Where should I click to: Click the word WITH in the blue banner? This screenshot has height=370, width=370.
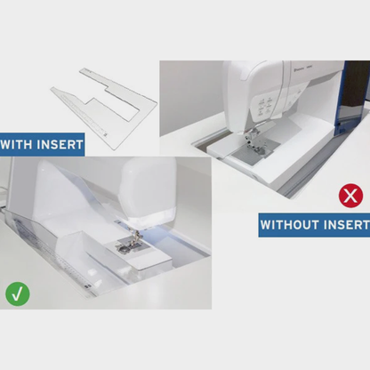pyautogui.click(x=16, y=144)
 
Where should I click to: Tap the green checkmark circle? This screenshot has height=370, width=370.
pyautogui.click(x=18, y=294)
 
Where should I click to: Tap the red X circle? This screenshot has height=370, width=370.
pyautogui.click(x=350, y=196)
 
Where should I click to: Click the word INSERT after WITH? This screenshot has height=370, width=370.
pyautogui.click(x=60, y=144)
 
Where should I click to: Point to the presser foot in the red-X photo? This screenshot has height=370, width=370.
pyautogui.click(x=253, y=142)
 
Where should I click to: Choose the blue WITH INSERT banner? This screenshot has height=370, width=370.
pyautogui.click(x=42, y=144)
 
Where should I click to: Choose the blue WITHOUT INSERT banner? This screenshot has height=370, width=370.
pyautogui.click(x=314, y=225)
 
